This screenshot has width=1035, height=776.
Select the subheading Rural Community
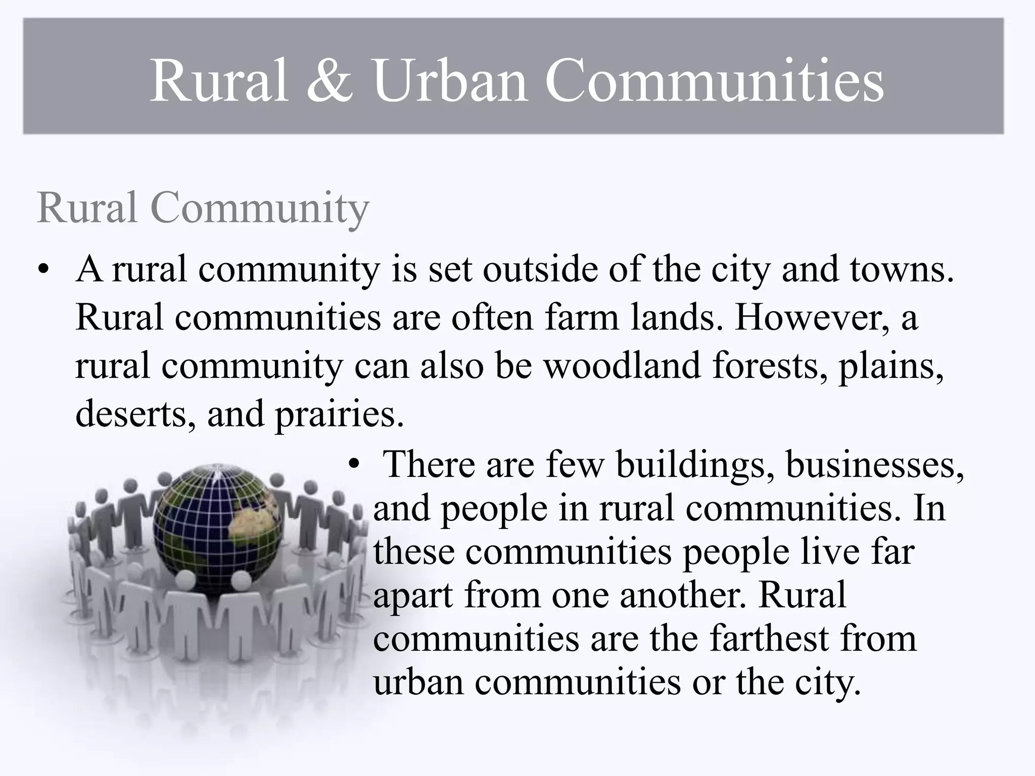pos(203,208)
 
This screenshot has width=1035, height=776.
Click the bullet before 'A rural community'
pos(44,269)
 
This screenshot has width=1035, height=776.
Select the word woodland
pos(623,365)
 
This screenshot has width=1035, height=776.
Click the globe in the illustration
pos(218,528)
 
